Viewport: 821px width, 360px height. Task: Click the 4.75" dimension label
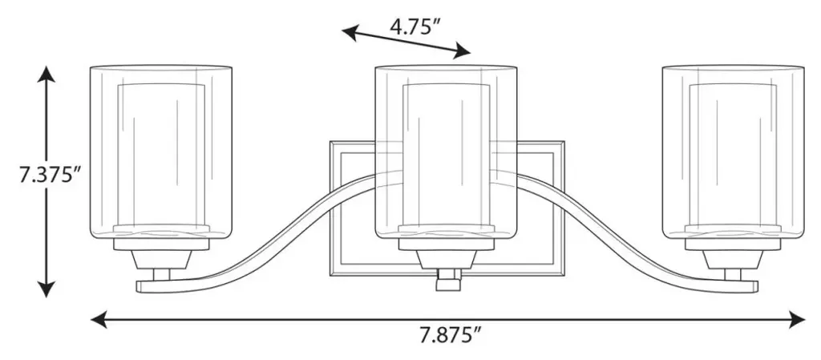pos(413,26)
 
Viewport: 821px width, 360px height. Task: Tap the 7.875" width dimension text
pos(451,335)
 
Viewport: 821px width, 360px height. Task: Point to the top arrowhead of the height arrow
pos(46,74)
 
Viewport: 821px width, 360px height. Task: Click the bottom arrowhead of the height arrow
pos(46,289)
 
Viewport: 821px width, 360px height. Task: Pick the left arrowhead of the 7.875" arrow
pos(99,319)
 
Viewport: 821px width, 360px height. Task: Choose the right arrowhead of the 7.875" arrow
pos(796,319)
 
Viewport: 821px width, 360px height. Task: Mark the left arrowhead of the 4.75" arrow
pos(350,32)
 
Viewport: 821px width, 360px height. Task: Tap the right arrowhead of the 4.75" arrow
pos(463,51)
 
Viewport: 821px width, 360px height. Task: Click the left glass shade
pos(160,152)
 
